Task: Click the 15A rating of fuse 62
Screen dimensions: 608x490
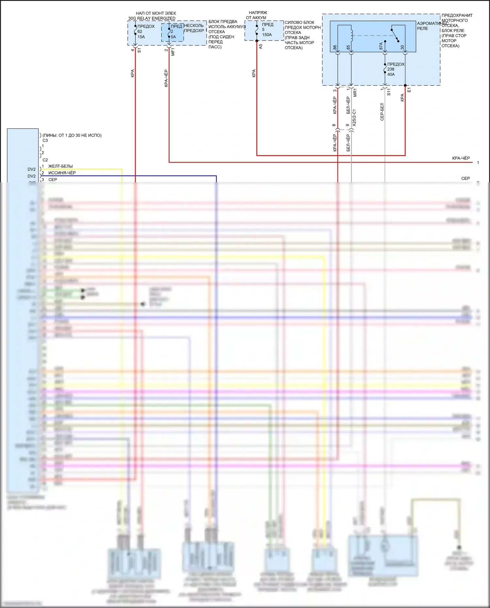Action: (141, 37)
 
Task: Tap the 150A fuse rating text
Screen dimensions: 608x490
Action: (267, 35)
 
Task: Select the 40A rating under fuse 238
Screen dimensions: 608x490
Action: (391, 74)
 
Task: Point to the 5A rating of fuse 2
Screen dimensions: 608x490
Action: (173, 37)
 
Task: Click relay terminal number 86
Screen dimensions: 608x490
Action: (335, 47)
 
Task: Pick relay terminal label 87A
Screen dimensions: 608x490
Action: (381, 46)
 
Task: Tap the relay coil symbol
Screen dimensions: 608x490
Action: (351, 35)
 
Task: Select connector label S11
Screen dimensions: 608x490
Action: (389, 92)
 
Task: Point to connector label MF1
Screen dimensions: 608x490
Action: (173, 52)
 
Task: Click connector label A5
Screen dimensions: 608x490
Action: (261, 47)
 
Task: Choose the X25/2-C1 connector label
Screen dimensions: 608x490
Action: (354, 118)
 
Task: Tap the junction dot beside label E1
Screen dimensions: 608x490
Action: (405, 86)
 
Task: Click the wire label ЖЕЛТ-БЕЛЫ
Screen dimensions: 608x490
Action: (60, 166)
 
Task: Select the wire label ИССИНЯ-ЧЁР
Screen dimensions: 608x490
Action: (62, 173)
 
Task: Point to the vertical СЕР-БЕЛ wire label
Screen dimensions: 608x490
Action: (382, 112)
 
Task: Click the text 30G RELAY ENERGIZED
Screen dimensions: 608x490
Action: (152, 18)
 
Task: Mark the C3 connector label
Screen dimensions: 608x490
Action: (45, 140)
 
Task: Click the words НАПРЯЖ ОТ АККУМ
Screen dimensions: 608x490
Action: (257, 15)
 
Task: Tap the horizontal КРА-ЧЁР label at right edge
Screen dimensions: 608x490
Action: (461, 158)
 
